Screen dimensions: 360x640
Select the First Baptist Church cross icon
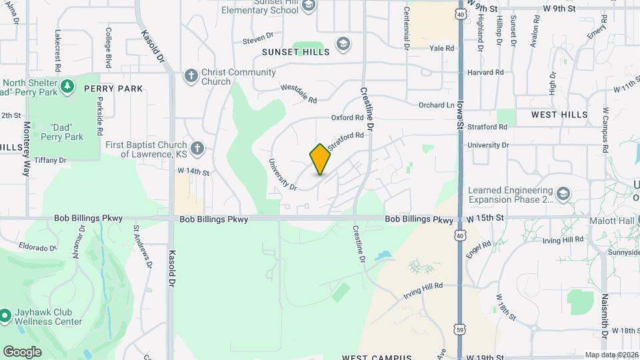pos(197,148)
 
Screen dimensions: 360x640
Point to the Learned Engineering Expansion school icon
pos(563,193)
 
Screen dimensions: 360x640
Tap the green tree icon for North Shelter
pos(67,86)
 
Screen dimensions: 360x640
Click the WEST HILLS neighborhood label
pos(559,115)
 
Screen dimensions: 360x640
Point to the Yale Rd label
pos(441,48)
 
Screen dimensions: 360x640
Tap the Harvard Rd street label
pos(485,72)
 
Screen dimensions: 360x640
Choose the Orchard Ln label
pos(436,105)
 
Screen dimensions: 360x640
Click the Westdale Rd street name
pos(298,93)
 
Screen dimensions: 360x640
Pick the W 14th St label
pos(193,172)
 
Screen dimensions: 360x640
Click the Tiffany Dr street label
pos(51,160)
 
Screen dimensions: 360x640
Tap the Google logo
pos(21,351)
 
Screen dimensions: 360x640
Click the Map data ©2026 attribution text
pos(611,355)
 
